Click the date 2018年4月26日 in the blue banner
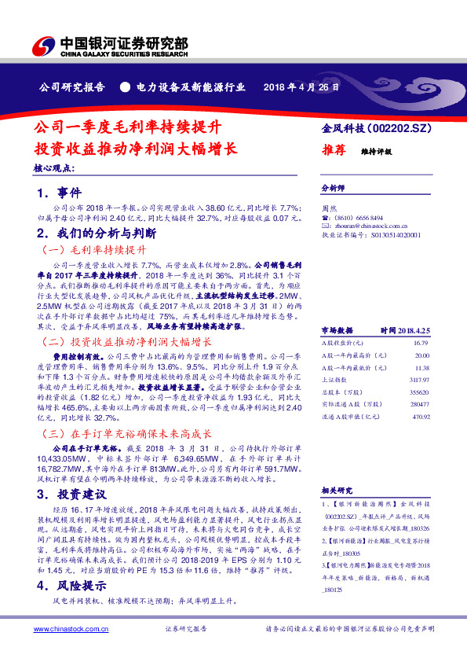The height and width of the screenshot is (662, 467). click(x=301, y=87)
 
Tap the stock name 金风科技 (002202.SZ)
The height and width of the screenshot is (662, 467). click(x=377, y=127)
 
